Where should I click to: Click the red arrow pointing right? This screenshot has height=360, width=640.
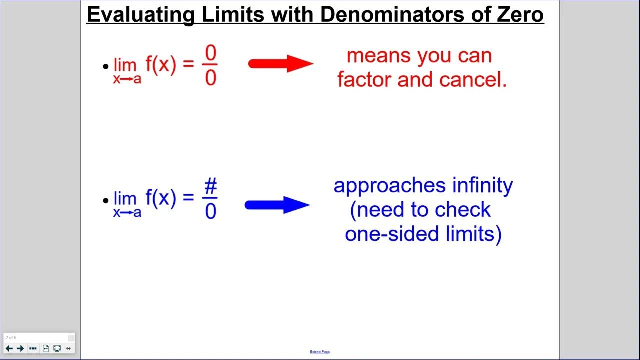click(x=280, y=64)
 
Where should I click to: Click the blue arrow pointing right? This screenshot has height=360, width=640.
click(x=277, y=205)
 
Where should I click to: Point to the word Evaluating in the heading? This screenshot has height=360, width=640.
click(x=140, y=14)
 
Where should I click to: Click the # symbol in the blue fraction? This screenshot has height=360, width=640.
click(x=211, y=187)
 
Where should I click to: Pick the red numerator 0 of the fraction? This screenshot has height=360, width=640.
click(x=211, y=54)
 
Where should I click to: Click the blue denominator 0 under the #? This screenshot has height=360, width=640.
click(x=211, y=212)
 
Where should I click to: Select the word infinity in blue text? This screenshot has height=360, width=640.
click(x=482, y=185)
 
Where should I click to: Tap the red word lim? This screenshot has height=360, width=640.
click(x=125, y=65)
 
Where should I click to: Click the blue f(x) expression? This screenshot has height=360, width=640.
click(x=161, y=198)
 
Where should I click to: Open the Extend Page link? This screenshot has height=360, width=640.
click(x=320, y=352)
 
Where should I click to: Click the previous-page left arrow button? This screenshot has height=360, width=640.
click(x=9, y=348)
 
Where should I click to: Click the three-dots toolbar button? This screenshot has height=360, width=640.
click(x=33, y=348)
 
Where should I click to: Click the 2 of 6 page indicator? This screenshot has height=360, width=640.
click(x=11, y=338)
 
